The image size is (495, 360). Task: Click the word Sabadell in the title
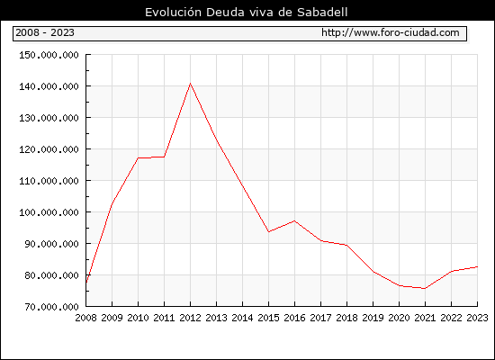click(x=322, y=13)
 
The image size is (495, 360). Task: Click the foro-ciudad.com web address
click(x=391, y=32)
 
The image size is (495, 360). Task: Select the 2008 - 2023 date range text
click(x=45, y=32)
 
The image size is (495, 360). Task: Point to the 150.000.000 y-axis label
click(x=49, y=55)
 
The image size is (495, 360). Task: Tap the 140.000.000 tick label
click(x=49, y=86)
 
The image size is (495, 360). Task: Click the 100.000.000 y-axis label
click(x=49, y=212)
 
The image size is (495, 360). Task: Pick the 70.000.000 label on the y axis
click(x=51, y=307)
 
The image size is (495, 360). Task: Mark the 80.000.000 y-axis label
click(x=51, y=275)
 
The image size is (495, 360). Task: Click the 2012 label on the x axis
click(x=190, y=318)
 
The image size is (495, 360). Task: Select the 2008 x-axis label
click(x=85, y=318)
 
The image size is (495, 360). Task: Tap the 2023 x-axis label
click(x=477, y=318)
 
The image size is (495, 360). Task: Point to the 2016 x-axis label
click(x=294, y=318)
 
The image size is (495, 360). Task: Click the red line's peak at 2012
click(x=190, y=84)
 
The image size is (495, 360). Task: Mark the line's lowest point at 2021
click(x=425, y=289)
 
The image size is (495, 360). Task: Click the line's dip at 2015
click(x=269, y=232)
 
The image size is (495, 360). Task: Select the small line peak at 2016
click(x=294, y=220)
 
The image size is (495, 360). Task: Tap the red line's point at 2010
click(x=138, y=157)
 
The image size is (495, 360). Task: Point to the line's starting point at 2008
click(x=86, y=282)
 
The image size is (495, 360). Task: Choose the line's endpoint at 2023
click(x=477, y=266)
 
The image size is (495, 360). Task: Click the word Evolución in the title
click(x=173, y=13)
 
